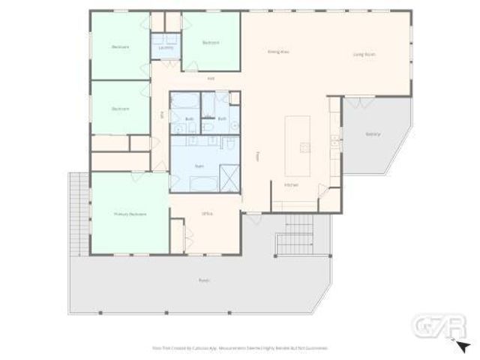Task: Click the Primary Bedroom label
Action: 129,214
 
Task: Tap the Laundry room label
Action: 165,47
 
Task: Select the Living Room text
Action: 364,55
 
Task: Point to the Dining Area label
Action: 278,52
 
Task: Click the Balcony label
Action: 373,134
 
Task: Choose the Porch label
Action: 203,280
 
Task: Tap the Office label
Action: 208,214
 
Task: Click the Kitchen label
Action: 291,184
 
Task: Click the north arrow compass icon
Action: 463,346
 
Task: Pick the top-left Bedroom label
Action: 120,46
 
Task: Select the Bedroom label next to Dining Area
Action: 211,43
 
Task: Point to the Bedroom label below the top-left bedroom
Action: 120,109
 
